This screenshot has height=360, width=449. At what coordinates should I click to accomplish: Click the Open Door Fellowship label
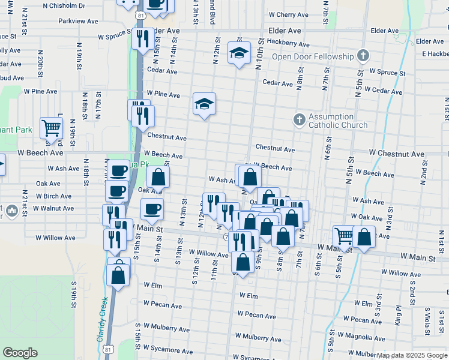coord(313,56)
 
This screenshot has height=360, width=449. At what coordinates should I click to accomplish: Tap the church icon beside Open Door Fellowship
coord(362,56)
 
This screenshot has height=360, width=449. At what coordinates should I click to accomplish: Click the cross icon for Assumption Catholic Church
coord(299,119)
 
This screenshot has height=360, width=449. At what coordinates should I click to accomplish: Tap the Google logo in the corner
coord(20,353)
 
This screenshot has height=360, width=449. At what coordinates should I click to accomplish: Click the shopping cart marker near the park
coord(51,128)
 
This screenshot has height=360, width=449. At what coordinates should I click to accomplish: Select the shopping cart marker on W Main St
coord(343,236)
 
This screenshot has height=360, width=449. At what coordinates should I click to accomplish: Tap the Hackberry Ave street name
coord(288,43)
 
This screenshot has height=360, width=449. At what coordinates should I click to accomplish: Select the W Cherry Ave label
coord(289,14)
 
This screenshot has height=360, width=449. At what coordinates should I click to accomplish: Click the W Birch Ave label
coord(53,196)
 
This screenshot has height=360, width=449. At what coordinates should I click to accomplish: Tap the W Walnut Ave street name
coord(53,208)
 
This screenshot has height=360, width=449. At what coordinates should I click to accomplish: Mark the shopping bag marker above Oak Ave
coord(158,177)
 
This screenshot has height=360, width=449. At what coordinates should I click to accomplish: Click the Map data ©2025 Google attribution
coord(412,355)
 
